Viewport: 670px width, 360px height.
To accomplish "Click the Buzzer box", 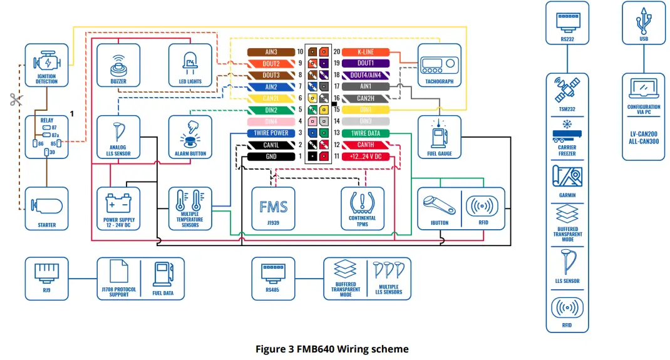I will coord(118,65).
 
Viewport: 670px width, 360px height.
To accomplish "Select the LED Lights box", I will coord(190,65).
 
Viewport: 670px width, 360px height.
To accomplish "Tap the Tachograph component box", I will coord(439,65).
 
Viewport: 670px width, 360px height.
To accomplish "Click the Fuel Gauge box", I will coord(439,136).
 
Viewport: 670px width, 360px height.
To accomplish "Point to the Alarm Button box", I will coord(190,136).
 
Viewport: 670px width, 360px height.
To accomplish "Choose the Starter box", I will coord(46,208).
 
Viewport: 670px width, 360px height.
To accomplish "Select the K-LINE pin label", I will coord(365,52).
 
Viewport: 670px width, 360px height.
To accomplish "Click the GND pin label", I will coord(271,157).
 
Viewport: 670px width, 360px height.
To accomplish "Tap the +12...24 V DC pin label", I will coord(365,157).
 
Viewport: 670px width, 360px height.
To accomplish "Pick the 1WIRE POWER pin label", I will coord(271,133).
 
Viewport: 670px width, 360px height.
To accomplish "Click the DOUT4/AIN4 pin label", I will coord(365,75).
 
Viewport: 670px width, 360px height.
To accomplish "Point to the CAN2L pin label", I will coord(271,98).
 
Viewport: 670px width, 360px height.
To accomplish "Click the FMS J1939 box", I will coord(273,208).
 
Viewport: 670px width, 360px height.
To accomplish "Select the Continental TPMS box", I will coord(362,208).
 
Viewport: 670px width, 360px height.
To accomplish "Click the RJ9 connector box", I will coord(46,278).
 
